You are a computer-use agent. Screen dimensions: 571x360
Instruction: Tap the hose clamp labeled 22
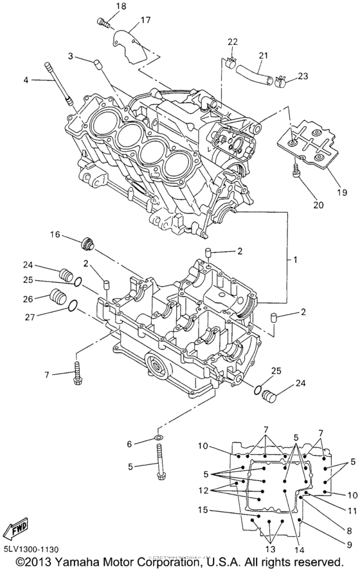pos(231,64)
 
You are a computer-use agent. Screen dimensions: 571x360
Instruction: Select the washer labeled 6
pos(157,439)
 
